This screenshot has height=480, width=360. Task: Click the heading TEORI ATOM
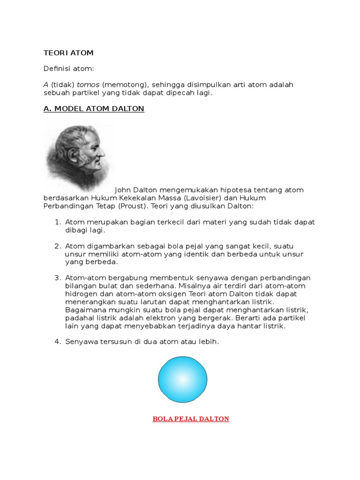(68, 53)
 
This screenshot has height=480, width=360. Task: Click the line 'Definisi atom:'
(68, 69)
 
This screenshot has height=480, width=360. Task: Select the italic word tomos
(88, 84)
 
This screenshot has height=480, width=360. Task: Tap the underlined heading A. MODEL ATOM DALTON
(94, 109)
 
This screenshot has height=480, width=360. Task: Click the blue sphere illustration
(182, 379)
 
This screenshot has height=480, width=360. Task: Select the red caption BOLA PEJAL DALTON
(191, 419)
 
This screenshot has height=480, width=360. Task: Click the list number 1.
(58, 222)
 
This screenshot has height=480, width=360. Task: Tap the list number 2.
(58, 246)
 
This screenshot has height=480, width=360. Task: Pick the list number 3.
(58, 278)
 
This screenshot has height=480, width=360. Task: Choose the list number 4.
(58, 342)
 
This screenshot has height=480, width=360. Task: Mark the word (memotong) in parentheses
(123, 84)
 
